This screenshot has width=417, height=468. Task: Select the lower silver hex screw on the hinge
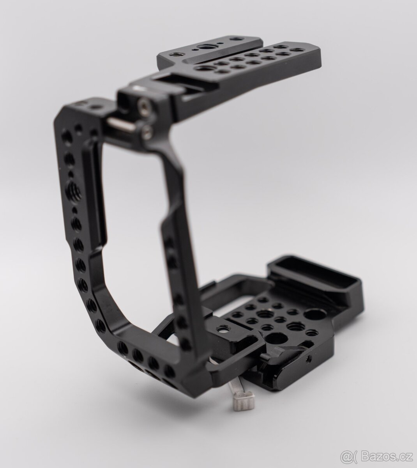click(146, 133)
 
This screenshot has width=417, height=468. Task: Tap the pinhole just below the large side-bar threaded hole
click(74, 210)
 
